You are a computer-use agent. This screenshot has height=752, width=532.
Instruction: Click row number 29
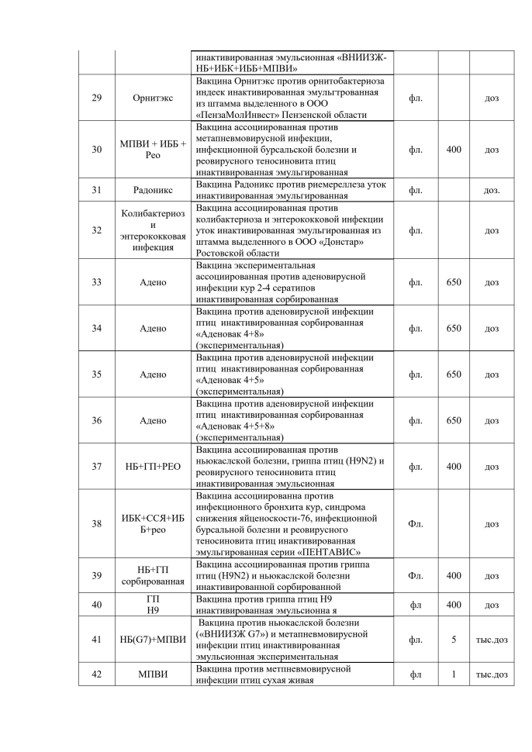(96, 98)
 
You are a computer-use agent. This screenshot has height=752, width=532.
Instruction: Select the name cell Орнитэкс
(153, 98)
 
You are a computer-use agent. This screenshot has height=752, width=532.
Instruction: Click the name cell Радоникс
(153, 189)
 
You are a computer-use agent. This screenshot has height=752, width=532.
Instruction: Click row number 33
(96, 282)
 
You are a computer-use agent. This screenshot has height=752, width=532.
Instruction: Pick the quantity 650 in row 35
(454, 374)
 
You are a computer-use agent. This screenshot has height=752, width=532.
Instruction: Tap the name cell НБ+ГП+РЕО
(153, 467)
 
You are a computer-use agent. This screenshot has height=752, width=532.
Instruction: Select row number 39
(96, 576)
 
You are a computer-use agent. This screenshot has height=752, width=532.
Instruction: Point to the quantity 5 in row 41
(454, 639)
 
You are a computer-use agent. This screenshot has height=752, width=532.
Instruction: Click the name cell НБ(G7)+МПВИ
(153, 639)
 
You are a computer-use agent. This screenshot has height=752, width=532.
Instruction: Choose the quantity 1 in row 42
(454, 674)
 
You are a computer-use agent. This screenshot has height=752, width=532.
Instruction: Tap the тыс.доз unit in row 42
(492, 674)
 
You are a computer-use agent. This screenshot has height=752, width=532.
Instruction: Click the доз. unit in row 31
(492, 189)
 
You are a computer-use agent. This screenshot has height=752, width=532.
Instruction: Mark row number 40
(96, 605)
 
